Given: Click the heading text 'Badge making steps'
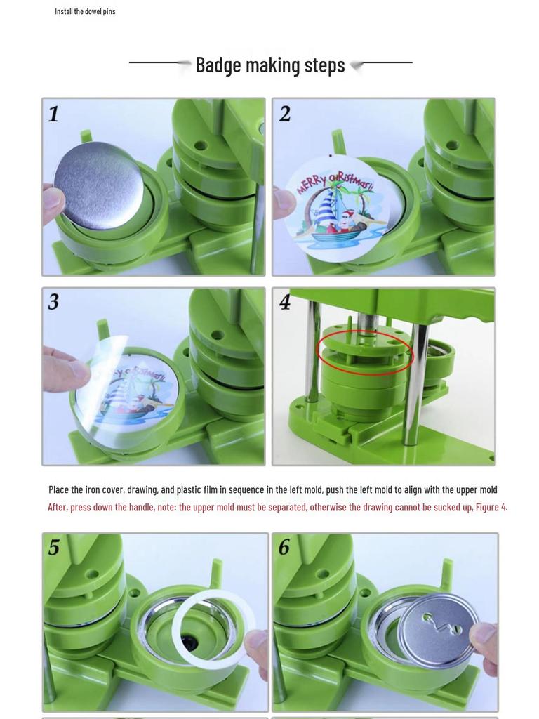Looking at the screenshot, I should [x=270, y=65].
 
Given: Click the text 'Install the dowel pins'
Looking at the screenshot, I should [x=85, y=11].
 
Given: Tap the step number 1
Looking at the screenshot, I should [x=53, y=114].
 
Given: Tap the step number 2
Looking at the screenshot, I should [x=284, y=114].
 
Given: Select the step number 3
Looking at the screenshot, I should [x=53, y=302].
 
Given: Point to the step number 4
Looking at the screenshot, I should [x=284, y=302].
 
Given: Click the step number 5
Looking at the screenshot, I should [x=54, y=548].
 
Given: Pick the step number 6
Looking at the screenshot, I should [x=284, y=548].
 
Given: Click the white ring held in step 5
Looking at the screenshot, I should [x=213, y=626].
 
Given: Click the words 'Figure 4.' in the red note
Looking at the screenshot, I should [x=491, y=507].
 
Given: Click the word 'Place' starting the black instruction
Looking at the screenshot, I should [x=59, y=489].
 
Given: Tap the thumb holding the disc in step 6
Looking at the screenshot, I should [x=484, y=635].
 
